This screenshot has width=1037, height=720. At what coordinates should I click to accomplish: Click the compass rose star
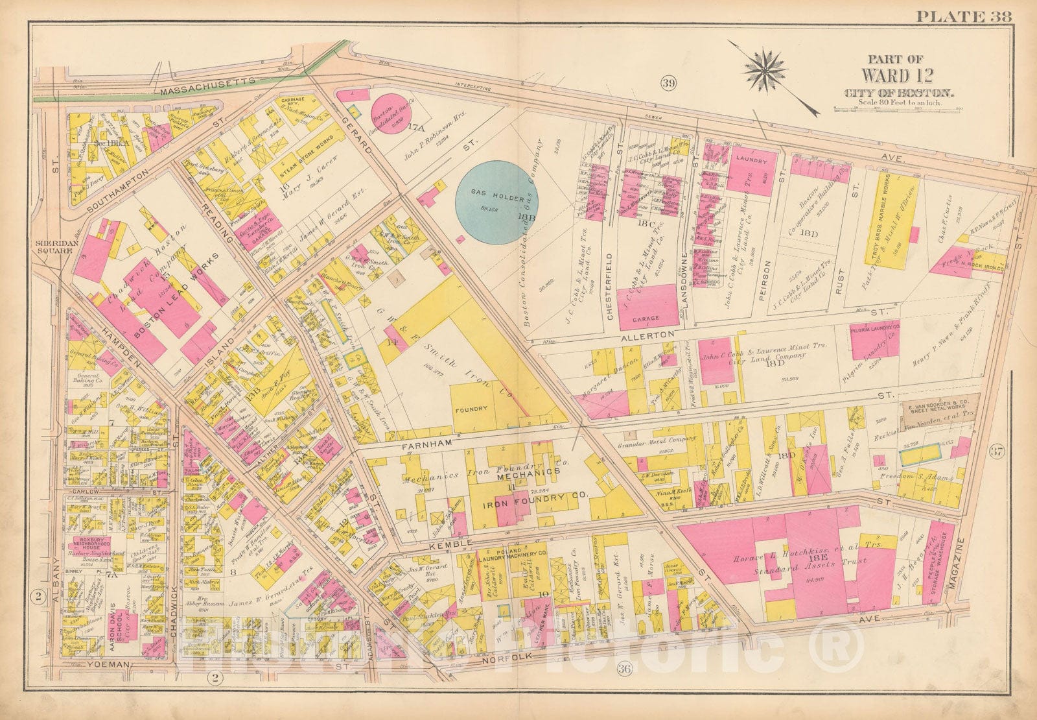point(767,67)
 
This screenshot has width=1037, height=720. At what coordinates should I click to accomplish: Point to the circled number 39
point(669,82)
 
